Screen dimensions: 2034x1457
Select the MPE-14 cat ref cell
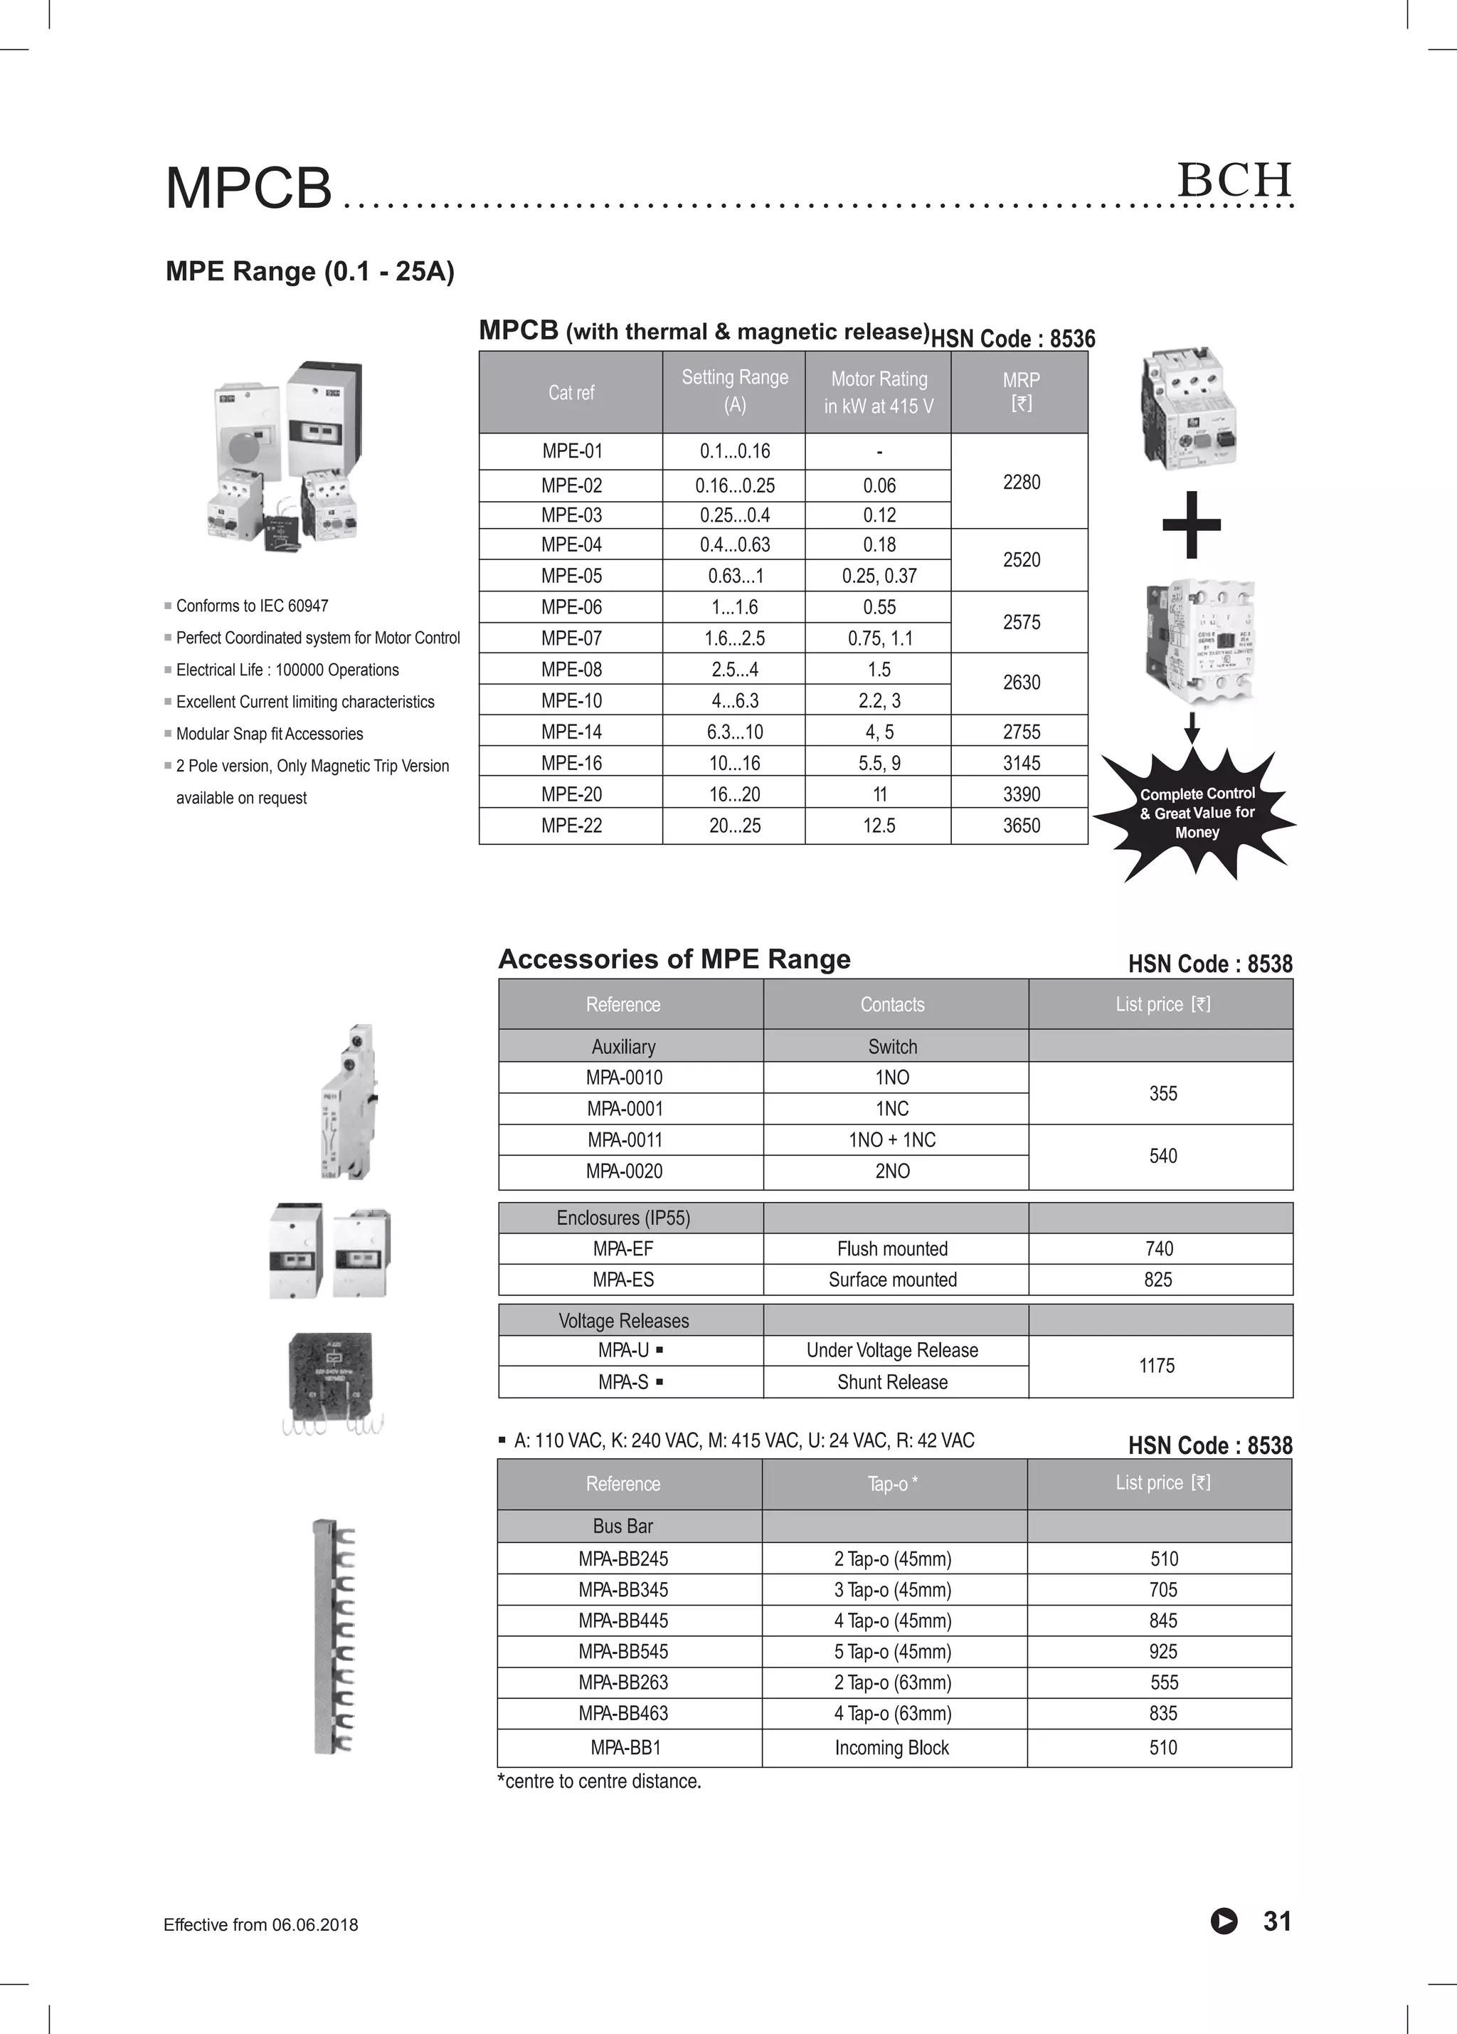pos(571,732)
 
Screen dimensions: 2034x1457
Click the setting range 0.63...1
pos(734,576)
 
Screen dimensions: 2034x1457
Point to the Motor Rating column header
pos(879,393)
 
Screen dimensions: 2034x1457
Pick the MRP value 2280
pos(1021,483)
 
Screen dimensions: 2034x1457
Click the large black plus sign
pos(1192,525)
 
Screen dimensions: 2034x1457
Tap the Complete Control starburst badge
pos(1196,813)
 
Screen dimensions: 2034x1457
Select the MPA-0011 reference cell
pos(625,1140)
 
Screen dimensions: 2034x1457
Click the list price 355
pos(1163,1093)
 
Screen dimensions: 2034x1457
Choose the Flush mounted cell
pos(892,1248)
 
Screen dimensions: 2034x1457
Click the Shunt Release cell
pos(892,1382)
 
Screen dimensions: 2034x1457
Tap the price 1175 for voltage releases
pos(1157,1366)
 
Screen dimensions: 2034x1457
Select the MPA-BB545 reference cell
pos(623,1651)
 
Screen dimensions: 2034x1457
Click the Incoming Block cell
pos(891,1747)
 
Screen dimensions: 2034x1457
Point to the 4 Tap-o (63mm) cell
pos(892,1713)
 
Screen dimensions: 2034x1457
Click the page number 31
pos(1277,1921)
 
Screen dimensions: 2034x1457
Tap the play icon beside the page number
pos(1223,1922)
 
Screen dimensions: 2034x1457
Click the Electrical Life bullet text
pos(287,670)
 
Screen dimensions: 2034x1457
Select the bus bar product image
pos(334,1635)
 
